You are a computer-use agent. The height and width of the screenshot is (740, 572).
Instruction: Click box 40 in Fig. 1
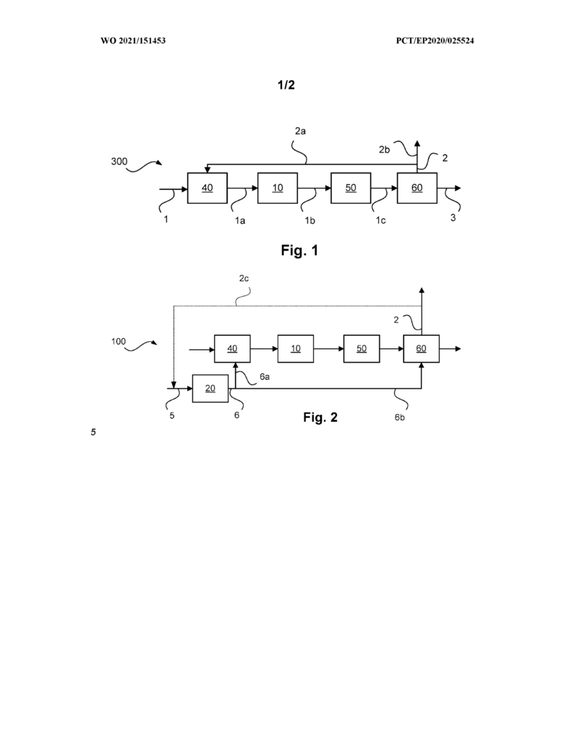tap(208, 188)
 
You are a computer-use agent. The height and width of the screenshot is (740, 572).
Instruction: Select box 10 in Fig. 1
tap(277, 188)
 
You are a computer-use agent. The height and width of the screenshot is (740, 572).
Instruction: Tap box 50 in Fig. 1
tap(351, 188)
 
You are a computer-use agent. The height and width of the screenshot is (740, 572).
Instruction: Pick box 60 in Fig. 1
tap(417, 188)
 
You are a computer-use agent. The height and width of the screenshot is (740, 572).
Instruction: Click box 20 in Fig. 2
tap(210, 388)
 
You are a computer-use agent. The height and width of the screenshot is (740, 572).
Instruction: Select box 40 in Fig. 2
tap(232, 349)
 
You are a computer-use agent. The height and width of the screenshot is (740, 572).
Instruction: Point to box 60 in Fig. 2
tap(422, 349)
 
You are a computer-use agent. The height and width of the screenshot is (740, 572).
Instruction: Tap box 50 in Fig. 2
tap(362, 349)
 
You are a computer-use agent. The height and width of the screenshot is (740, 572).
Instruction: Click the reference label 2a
tap(300, 132)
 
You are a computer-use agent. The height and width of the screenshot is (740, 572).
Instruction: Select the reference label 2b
tap(385, 150)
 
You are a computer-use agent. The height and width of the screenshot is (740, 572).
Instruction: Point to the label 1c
tap(380, 220)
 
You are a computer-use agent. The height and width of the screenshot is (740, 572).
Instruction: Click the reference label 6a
tap(265, 377)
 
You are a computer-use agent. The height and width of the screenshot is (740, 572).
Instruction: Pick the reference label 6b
tap(400, 417)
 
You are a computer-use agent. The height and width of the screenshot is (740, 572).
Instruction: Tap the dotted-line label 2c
tap(244, 278)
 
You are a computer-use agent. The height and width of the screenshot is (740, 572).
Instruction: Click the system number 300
tap(119, 161)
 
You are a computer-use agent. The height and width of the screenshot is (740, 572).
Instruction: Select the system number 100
tap(119, 341)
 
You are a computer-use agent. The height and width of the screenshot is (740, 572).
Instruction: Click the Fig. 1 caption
tap(300, 250)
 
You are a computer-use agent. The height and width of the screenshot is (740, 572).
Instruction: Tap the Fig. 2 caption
tap(321, 417)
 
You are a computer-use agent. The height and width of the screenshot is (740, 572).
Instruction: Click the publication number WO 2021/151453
tap(133, 40)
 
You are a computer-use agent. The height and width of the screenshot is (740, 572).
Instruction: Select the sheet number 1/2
tap(286, 85)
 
